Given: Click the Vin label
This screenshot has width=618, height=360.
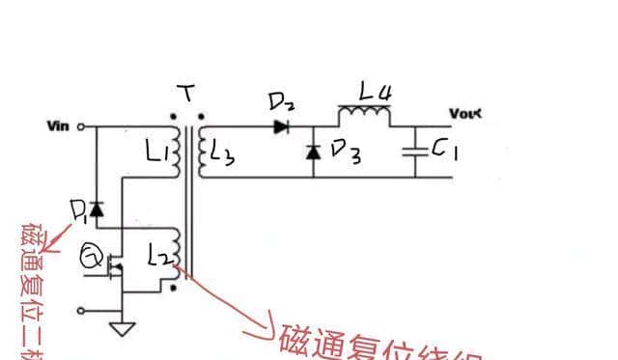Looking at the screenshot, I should [x=58, y=126].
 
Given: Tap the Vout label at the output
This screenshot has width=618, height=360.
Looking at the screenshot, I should [x=463, y=114].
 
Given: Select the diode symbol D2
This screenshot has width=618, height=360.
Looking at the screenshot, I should [x=282, y=125].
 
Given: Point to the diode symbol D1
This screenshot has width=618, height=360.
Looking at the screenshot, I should [x=96, y=208].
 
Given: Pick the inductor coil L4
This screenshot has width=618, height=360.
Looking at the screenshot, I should [x=364, y=116].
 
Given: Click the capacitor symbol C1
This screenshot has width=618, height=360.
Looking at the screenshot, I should [x=417, y=152].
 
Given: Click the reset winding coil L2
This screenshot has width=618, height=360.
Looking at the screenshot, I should [x=174, y=253].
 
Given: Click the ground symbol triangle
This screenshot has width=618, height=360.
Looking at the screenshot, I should [x=122, y=329].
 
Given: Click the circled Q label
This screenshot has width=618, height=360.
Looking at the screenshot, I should [x=92, y=256].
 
